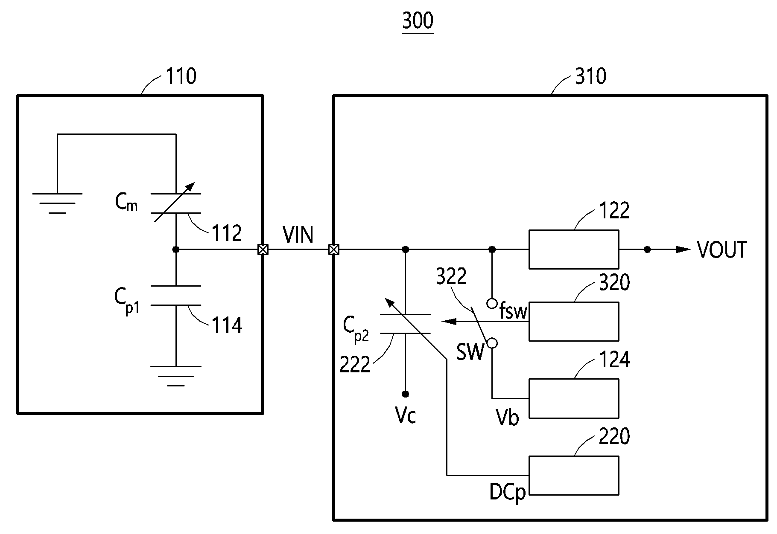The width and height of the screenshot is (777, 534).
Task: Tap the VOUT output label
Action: [722, 250]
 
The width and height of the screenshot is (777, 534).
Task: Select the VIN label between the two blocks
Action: [298, 235]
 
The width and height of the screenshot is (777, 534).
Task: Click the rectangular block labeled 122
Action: [574, 250]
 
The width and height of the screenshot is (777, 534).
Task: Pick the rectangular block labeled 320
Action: [574, 322]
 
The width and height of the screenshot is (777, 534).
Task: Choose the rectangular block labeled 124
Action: [574, 398]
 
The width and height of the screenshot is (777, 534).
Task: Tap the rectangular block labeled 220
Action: [574, 476]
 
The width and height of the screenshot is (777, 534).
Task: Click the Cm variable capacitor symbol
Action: [175, 203]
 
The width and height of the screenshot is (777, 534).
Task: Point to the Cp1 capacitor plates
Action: [175, 295]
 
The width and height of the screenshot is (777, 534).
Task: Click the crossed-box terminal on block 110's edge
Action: [263, 250]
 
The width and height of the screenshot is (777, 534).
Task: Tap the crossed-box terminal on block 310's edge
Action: [333, 250]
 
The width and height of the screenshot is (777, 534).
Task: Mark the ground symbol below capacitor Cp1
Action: [175, 376]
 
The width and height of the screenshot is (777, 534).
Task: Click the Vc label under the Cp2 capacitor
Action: [406, 415]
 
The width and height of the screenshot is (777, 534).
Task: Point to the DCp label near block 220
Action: [508, 493]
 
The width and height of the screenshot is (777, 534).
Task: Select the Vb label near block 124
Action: [507, 417]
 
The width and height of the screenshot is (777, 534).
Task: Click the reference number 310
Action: [590, 77]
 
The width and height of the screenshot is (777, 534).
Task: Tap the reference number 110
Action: [181, 77]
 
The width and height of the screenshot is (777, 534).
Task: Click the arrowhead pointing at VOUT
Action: [684, 250]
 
